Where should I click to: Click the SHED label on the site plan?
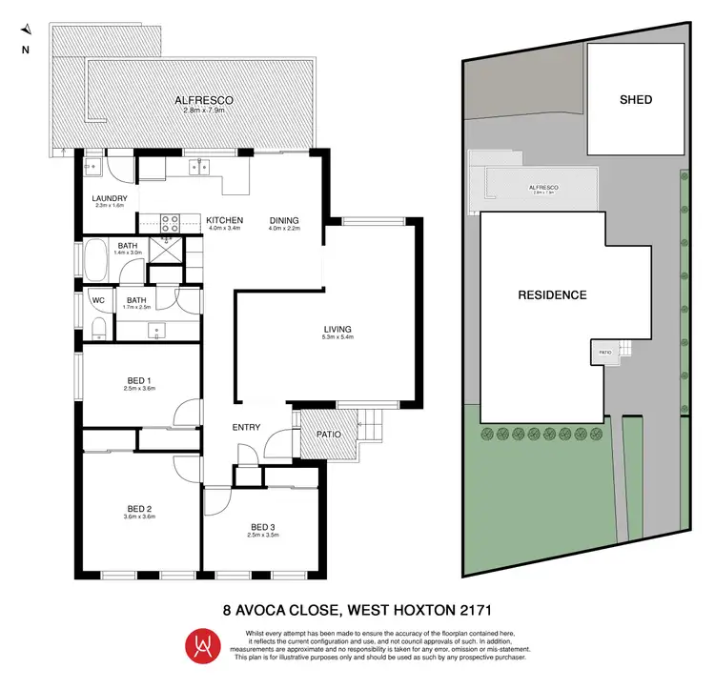tap(636, 99)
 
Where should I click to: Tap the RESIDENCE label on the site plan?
tap(552, 294)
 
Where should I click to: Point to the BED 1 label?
tap(139, 380)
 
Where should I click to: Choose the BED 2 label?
tap(139, 508)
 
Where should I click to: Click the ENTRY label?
tap(246, 427)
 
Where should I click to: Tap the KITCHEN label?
tap(225, 220)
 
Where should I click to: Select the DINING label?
tap(284, 220)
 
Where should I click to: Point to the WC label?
tap(97, 300)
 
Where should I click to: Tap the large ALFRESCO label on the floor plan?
tap(200, 100)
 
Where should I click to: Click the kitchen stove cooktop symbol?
tap(170, 223)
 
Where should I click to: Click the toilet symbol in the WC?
tap(99, 330)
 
